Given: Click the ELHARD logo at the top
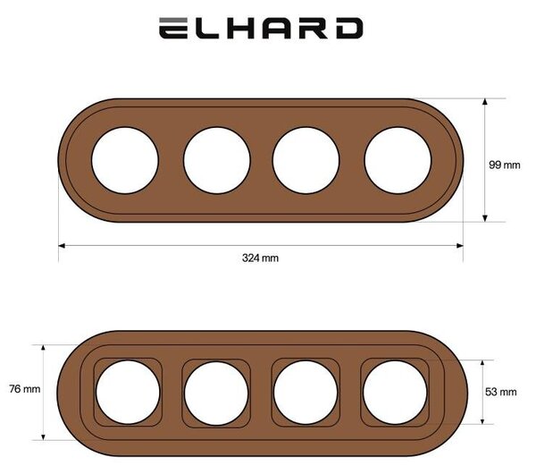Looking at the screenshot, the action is [x=261, y=28].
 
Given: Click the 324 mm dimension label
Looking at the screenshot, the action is [x=260, y=258].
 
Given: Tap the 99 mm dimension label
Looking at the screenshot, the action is [x=505, y=165].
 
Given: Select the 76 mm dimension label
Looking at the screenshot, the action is [x=25, y=389].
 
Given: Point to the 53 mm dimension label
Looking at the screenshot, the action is [x=501, y=392].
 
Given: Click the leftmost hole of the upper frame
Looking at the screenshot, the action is [x=125, y=160].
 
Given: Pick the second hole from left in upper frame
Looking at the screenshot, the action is [x=217, y=160].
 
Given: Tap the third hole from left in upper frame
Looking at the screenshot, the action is [x=306, y=160].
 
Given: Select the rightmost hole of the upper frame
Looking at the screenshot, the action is [x=398, y=160].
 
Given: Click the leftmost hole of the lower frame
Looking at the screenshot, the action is [x=128, y=393].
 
